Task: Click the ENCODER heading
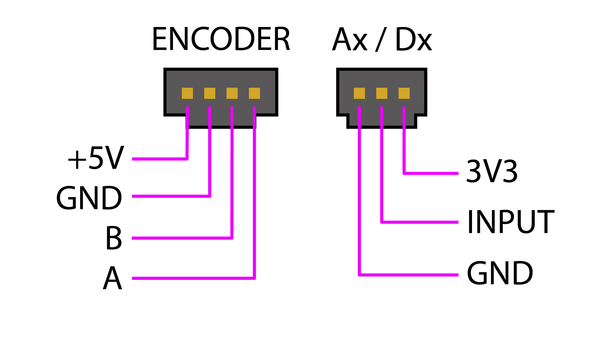[x=221, y=39]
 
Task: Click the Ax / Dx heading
[x=382, y=40]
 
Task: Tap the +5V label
[x=96, y=158]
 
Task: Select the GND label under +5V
[x=89, y=198]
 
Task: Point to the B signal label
[x=114, y=238]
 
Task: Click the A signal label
[x=112, y=278]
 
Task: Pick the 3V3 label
[x=492, y=171]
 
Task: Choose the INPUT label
[x=511, y=222]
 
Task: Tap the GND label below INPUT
[x=500, y=273]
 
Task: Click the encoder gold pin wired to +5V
[x=187, y=93]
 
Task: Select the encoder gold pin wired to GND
[x=210, y=93]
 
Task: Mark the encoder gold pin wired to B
[x=232, y=93]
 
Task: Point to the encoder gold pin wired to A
[x=254, y=93]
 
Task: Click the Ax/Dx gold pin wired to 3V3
[x=404, y=93]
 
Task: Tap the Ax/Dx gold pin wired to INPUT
[x=382, y=93]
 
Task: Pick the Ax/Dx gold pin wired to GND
[x=359, y=93]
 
